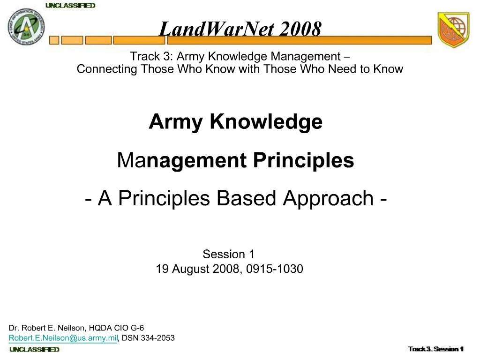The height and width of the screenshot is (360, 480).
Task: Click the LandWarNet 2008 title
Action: (240, 29)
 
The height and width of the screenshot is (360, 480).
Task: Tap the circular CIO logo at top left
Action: (26, 27)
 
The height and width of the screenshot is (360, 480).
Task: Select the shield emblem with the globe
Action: (453, 30)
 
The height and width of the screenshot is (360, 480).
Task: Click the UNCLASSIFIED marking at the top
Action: (70, 6)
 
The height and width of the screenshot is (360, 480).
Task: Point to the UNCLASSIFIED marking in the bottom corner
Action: (35, 350)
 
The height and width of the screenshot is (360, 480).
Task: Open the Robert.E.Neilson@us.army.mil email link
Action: (63, 338)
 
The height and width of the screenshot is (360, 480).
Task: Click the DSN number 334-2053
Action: (157, 338)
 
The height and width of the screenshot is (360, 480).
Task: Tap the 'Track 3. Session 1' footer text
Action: (435, 349)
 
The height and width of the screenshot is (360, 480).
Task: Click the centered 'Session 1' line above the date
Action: (228, 255)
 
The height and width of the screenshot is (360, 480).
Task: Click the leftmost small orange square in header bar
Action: (54, 40)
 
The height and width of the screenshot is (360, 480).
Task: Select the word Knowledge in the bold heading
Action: (266, 122)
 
